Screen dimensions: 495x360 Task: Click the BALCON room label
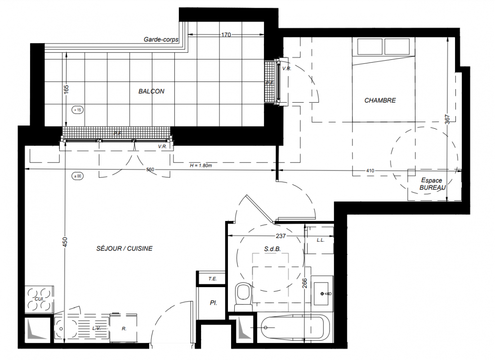(x=151, y=91)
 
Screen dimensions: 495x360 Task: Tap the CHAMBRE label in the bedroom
(x=380, y=100)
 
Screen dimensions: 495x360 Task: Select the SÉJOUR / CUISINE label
(x=125, y=249)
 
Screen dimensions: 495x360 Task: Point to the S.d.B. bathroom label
(x=272, y=249)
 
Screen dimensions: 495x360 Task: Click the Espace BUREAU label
(x=432, y=184)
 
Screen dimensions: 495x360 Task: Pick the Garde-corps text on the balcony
(x=161, y=40)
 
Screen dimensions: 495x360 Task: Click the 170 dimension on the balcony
(x=226, y=35)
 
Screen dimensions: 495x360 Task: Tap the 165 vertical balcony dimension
(x=66, y=89)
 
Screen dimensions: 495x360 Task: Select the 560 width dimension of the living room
(x=150, y=170)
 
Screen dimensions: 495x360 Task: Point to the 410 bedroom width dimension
(x=370, y=171)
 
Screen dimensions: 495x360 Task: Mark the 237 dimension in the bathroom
(x=281, y=236)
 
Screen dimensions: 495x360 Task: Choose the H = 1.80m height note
(x=201, y=165)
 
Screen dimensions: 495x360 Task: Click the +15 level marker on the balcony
(x=77, y=110)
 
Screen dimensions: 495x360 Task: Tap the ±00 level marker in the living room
(x=77, y=176)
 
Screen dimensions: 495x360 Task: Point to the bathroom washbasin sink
(x=322, y=294)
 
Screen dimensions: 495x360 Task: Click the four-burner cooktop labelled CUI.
(x=39, y=299)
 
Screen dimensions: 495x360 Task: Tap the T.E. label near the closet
(x=213, y=279)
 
